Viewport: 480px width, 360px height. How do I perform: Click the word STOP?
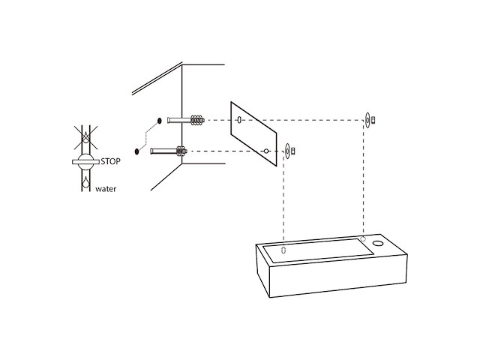tap(110, 161)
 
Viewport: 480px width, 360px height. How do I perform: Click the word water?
tap(106, 189)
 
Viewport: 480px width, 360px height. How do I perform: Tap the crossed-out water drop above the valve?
tap(86, 138)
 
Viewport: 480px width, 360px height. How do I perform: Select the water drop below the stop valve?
tap(86, 181)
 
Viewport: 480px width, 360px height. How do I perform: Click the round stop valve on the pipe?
tap(85, 162)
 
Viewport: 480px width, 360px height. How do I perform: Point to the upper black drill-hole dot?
tap(159, 121)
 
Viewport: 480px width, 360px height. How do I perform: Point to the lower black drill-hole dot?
tap(136, 151)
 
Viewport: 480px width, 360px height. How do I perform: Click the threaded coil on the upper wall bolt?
tap(197, 120)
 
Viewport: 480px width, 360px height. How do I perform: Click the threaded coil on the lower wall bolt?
tap(181, 151)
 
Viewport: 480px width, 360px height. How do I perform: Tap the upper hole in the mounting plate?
tap(239, 120)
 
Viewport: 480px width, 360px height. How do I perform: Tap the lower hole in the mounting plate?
tap(266, 151)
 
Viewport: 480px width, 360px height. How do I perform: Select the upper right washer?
tap(367, 120)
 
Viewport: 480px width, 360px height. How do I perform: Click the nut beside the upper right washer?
tap(373, 120)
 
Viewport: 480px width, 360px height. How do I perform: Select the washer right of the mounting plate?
tap(287, 151)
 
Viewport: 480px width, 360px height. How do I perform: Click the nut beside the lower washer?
tap(293, 151)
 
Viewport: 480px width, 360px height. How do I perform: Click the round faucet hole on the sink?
tap(378, 244)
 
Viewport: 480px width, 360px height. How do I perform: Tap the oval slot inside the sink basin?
tap(283, 250)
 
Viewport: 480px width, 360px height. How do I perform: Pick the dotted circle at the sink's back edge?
tap(363, 238)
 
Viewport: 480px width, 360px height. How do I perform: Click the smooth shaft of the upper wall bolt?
tap(179, 120)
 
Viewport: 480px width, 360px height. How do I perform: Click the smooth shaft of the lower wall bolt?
tap(163, 151)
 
